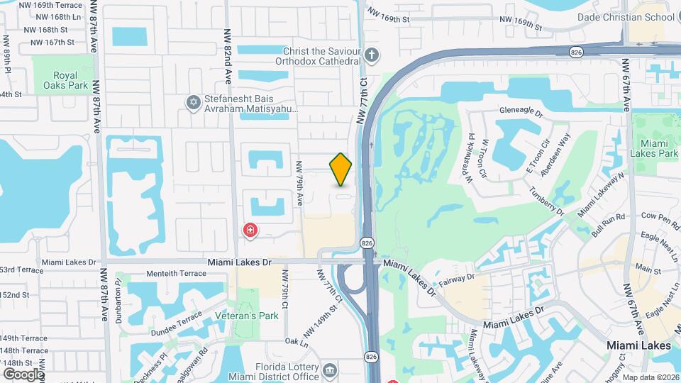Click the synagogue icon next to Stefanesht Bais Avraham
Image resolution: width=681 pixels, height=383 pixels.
(x=192, y=104)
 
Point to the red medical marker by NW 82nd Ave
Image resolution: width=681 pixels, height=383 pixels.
(x=250, y=230)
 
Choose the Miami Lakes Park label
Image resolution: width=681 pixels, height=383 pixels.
(x=653, y=148)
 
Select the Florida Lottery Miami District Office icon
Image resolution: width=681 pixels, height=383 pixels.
(x=330, y=370)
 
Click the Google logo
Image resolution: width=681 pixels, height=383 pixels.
(x=23, y=374)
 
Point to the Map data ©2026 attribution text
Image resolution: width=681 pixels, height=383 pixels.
(x=650, y=377)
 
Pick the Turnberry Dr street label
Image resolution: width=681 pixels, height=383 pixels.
(x=546, y=201)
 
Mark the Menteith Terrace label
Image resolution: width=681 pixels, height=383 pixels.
(x=176, y=273)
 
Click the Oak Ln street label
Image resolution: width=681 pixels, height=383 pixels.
(x=297, y=342)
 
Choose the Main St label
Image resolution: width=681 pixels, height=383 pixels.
(x=648, y=270)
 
